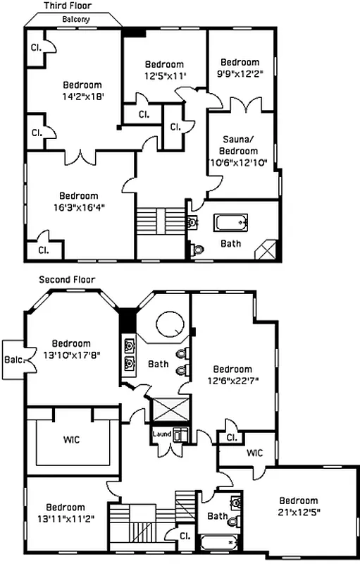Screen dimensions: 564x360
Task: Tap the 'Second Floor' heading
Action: click(67, 279)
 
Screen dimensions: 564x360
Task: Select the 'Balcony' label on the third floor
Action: click(75, 19)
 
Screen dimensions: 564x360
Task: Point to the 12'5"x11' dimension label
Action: click(164, 75)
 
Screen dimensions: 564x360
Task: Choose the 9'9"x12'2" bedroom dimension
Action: click(240, 73)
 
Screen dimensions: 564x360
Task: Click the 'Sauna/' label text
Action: click(240, 140)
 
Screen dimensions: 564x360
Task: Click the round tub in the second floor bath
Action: click(170, 326)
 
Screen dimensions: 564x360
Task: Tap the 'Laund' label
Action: click(162, 434)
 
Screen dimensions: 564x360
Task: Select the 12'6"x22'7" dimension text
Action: click(232, 381)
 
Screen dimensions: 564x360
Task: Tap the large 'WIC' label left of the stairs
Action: click(70, 440)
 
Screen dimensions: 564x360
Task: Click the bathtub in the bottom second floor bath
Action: click(219, 543)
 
